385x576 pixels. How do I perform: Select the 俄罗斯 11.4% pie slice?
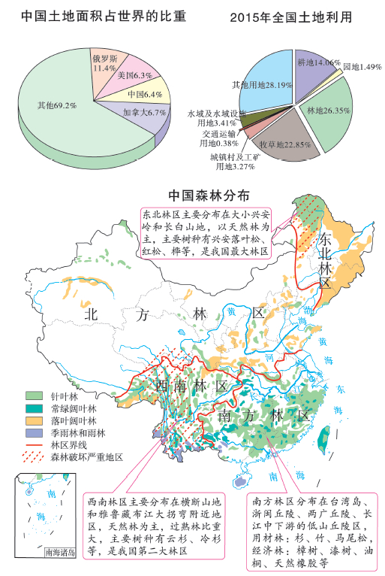[x=104, y=62]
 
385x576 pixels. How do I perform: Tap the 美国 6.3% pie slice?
[x=132, y=76]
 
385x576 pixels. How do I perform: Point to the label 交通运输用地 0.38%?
[x=218, y=138]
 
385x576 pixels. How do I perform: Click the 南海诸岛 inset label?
[x=60, y=552]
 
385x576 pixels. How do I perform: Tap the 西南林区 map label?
[x=191, y=386]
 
